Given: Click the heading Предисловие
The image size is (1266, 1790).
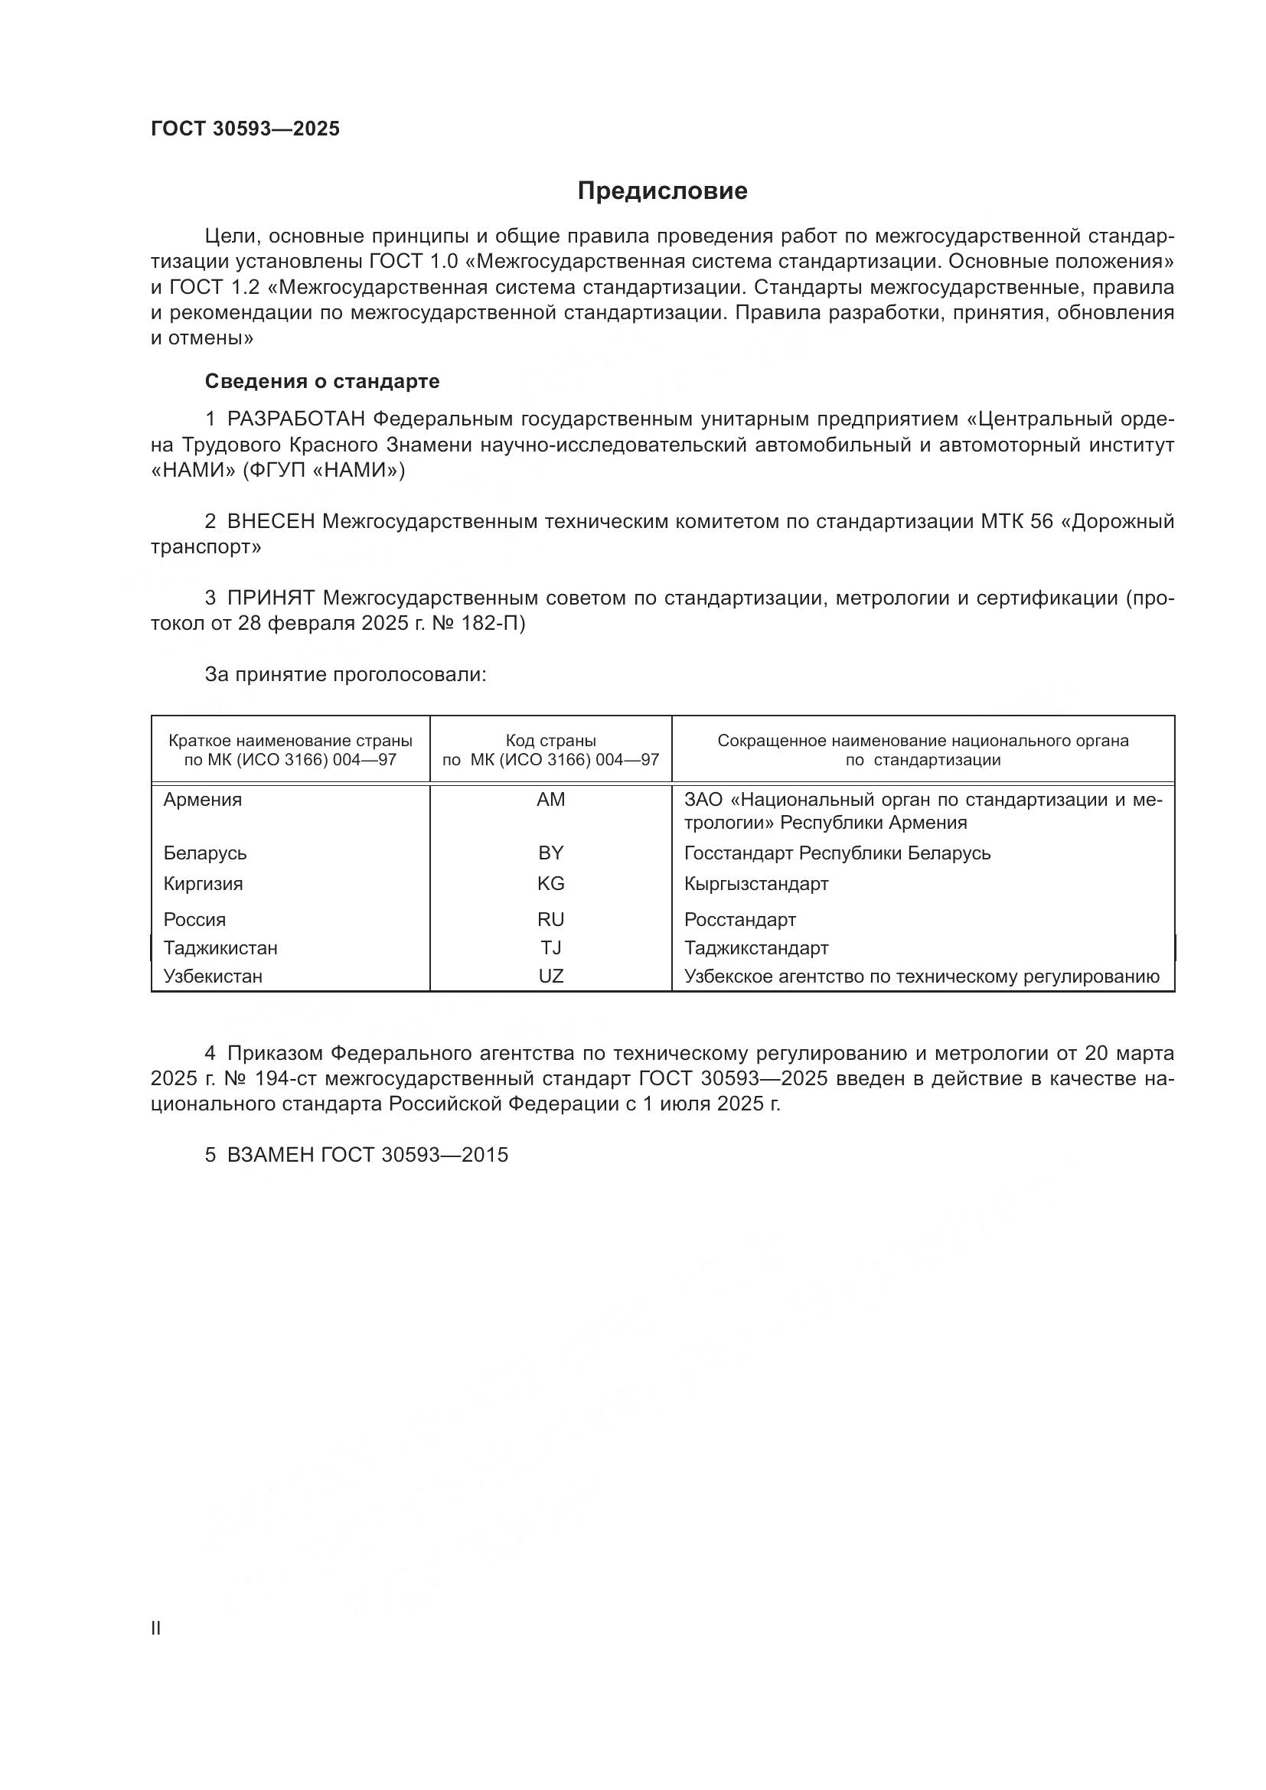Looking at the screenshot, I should (x=662, y=191).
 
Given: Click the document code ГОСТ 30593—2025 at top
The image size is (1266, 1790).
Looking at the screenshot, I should (x=246, y=129).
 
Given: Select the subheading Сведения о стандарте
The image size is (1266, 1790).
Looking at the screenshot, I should (x=322, y=381).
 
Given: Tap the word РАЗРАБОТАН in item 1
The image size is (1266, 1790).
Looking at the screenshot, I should (x=296, y=419).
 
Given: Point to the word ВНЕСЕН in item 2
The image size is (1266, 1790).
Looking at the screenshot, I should (x=270, y=522).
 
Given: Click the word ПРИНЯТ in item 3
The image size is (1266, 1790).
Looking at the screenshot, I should (x=270, y=598).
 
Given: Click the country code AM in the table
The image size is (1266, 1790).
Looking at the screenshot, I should (x=550, y=800).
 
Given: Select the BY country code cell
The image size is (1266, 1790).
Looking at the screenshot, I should (x=550, y=853).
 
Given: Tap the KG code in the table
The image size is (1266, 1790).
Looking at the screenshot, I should (x=550, y=884).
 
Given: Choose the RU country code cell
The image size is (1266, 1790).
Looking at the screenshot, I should (x=550, y=920).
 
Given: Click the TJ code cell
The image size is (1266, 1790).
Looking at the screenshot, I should (x=550, y=948).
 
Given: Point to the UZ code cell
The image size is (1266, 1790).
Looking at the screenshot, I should (x=550, y=976).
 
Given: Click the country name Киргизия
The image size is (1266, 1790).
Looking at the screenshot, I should (x=203, y=884).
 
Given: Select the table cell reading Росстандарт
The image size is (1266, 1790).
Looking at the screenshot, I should (x=740, y=920).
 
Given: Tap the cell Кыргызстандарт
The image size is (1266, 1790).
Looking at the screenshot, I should (x=756, y=884).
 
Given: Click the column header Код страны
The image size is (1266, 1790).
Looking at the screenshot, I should (x=550, y=741).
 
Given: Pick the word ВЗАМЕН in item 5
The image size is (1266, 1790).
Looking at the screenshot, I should (x=270, y=1156).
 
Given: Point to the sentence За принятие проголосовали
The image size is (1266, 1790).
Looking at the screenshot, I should (x=345, y=674).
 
